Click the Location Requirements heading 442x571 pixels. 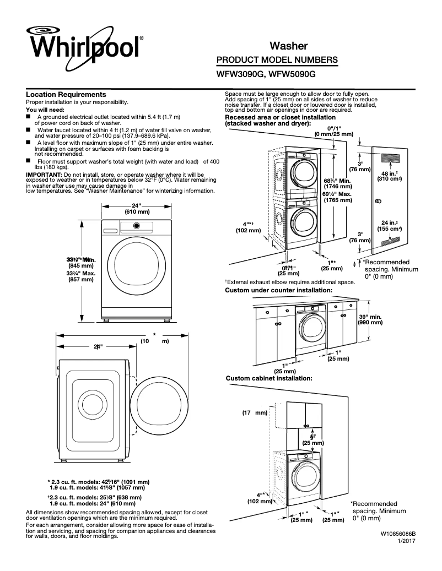66,95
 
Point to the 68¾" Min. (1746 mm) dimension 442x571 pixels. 338,184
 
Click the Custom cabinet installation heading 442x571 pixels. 269,378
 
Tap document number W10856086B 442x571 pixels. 397,534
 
